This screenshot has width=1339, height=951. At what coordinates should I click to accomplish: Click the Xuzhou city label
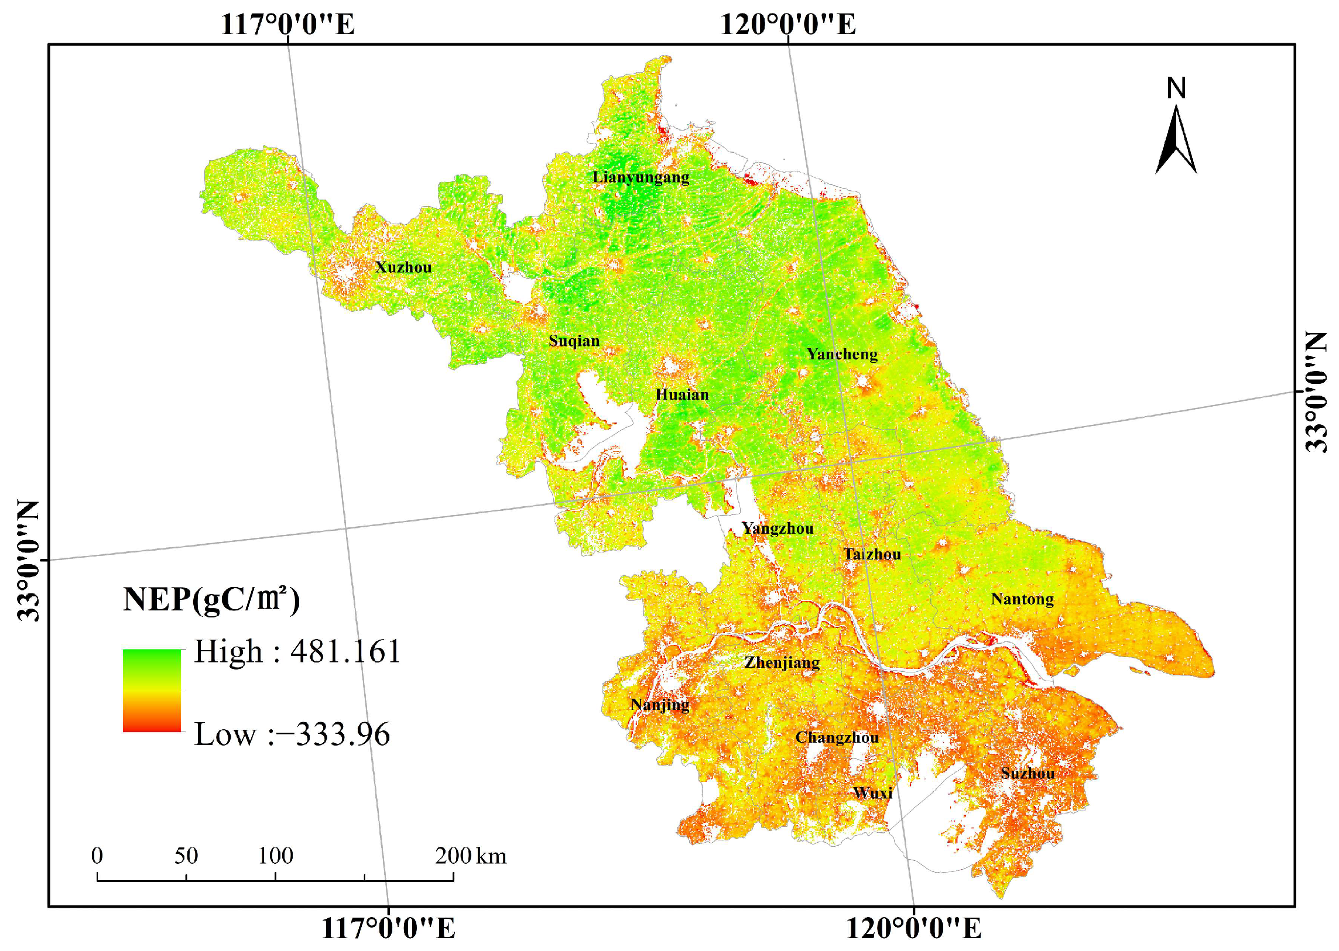coord(403,267)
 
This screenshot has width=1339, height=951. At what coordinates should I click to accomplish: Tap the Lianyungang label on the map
coord(641,177)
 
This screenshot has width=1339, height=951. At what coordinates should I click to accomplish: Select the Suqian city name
coord(574,341)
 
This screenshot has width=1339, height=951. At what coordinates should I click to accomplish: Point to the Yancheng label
coord(842,354)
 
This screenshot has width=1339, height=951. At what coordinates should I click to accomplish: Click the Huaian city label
coord(682,394)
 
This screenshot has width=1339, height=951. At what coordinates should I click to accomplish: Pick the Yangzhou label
coord(778,529)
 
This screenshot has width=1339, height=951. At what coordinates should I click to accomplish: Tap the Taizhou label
coord(872,554)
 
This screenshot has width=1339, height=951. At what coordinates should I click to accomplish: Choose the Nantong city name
coord(1022,599)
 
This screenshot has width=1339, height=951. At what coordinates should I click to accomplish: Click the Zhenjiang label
coord(782,663)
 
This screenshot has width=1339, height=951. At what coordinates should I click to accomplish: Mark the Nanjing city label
coord(659,705)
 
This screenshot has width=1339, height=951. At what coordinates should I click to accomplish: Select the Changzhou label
coord(837,737)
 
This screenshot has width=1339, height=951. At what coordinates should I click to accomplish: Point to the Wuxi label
coord(873,793)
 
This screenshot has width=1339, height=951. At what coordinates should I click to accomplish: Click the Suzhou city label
coord(1028,773)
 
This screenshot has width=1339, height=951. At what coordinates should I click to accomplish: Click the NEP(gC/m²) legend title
coord(211,600)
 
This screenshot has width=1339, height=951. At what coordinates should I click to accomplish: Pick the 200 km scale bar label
coord(470,856)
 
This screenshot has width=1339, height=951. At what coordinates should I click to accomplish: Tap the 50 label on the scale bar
coord(186,856)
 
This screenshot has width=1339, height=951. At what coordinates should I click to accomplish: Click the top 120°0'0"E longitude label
coord(787,25)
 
